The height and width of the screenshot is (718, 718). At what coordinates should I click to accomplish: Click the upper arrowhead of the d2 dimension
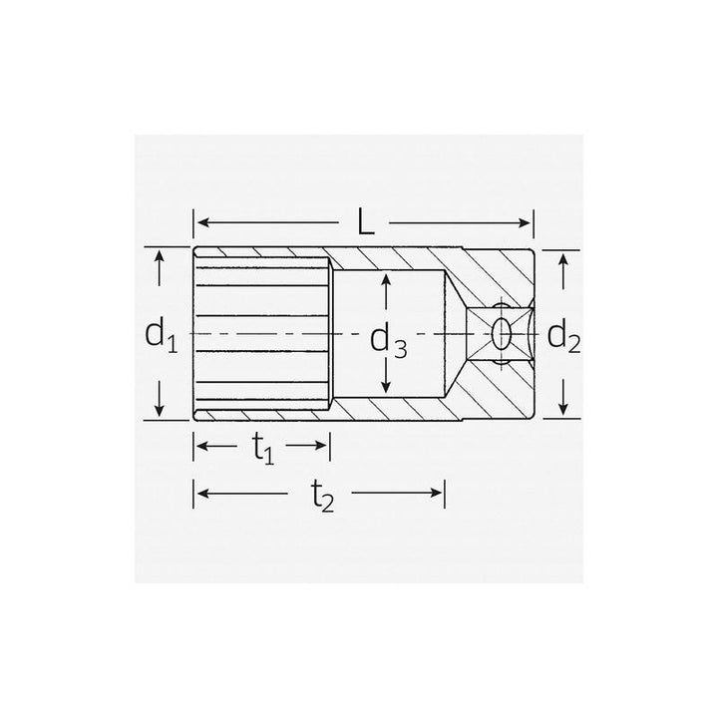(x=563, y=258)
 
